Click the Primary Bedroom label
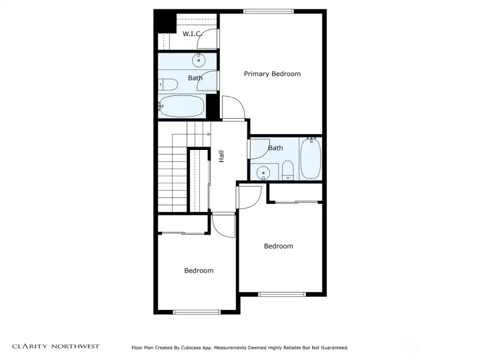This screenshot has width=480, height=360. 272,74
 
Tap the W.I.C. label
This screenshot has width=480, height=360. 192,34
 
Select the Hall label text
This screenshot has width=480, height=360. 221,156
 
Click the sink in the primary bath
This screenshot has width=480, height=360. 199,60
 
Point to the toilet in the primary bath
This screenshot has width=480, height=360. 168,85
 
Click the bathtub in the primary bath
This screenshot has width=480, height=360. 181,106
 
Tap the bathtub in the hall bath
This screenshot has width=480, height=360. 311,158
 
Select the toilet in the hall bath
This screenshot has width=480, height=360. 287,170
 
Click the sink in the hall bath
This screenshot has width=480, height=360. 263,173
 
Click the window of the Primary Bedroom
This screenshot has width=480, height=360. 269,11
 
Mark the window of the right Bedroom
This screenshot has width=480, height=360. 282,295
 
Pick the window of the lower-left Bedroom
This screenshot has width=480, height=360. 197,312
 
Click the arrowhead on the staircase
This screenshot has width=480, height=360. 209,134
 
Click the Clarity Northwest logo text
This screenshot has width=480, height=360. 56,347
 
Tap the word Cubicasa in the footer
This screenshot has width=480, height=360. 191,348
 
